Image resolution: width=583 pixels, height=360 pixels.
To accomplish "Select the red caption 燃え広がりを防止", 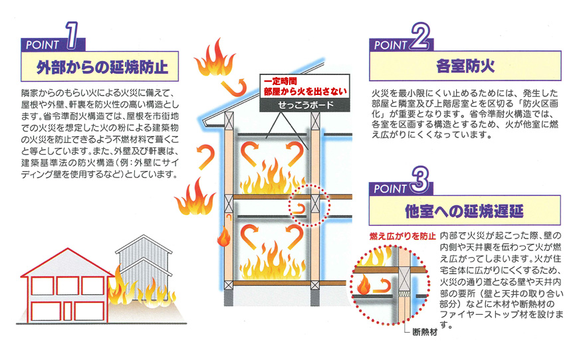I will [x=402, y=236].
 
